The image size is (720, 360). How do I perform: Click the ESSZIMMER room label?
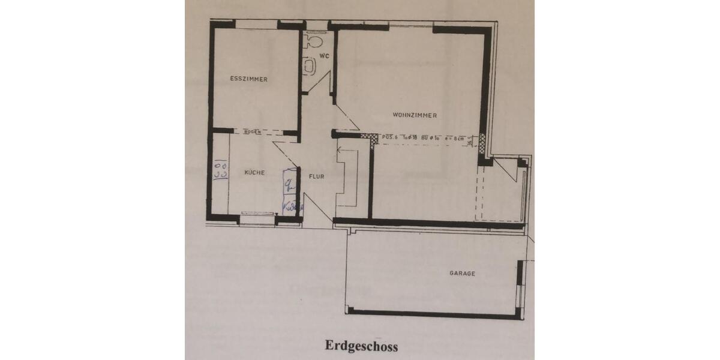click(248, 79)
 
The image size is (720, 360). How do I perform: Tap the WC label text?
click(324, 56)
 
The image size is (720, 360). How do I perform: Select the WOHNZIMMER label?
click(415, 115)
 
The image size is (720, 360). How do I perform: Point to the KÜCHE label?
click(254, 173)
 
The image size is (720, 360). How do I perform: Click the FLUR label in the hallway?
click(317, 176)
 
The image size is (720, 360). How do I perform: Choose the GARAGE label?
click(462, 274)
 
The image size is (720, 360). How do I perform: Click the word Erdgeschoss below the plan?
click(362, 346)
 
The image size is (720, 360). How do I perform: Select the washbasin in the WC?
click(310, 66)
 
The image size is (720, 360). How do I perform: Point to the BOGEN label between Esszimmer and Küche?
click(252, 132)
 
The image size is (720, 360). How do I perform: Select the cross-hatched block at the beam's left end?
click(373, 138)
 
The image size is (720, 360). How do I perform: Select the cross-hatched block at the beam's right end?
click(482, 140)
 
